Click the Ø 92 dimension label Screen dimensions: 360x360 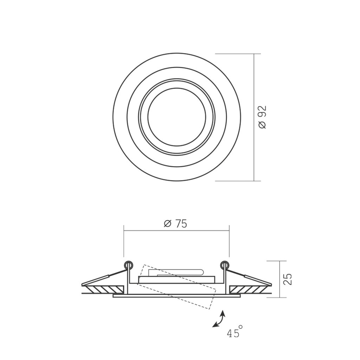pos(262,117)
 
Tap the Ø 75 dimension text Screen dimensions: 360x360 pos(175,224)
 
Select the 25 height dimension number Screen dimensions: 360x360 pos(288,279)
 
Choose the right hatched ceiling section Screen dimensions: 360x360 pos(251,290)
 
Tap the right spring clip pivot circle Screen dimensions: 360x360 pos(225,265)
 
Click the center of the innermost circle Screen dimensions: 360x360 pos(177,117)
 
